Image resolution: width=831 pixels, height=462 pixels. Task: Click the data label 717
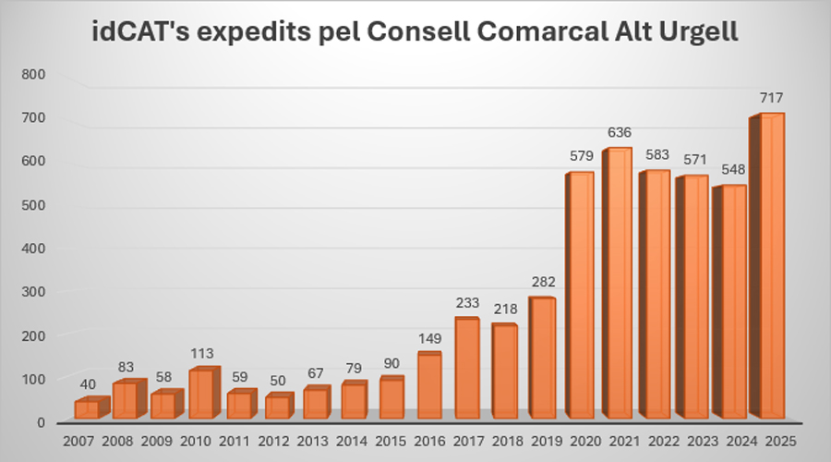(772, 98)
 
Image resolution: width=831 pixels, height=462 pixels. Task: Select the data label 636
(620, 132)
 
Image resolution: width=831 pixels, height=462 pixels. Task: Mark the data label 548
(734, 170)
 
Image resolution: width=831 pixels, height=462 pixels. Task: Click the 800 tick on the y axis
(33, 74)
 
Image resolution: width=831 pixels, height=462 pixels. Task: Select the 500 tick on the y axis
(33, 205)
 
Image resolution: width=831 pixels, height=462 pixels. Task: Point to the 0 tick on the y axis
(41, 422)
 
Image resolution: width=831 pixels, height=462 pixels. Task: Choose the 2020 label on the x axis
(581, 441)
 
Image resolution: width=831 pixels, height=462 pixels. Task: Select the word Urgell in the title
(690, 34)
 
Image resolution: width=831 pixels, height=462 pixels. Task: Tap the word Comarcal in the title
(517, 34)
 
